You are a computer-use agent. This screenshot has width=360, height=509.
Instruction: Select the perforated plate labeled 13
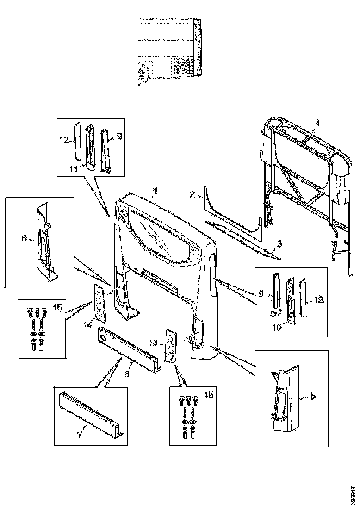tap(171, 345)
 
